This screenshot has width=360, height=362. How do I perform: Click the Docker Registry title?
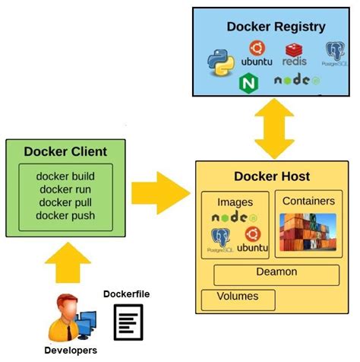[x=276, y=27]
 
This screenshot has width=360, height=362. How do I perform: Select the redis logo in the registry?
[x=295, y=54]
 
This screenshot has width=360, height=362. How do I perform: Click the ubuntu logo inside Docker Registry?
[x=256, y=54]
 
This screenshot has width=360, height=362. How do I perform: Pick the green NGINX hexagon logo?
[x=248, y=82]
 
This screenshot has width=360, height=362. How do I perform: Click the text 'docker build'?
[x=65, y=176]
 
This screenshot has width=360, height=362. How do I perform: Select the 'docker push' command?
[x=65, y=216]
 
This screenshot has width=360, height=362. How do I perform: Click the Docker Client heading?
[x=65, y=151]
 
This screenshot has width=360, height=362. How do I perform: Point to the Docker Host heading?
[x=271, y=176]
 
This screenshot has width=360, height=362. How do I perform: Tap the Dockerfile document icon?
[x=128, y=321]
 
